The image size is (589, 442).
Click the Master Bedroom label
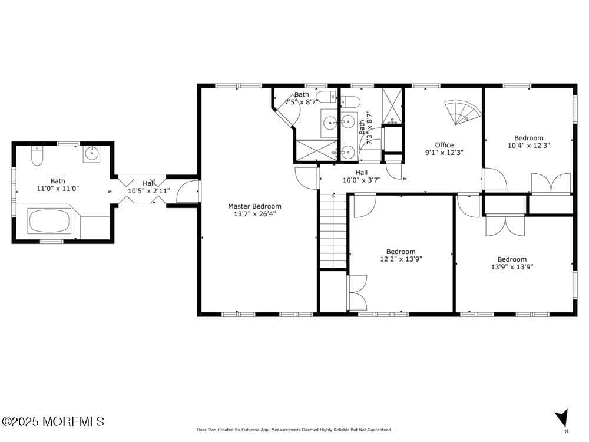(x=254, y=206)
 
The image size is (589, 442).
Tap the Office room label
(x=444, y=145)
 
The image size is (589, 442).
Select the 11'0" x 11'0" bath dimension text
(x=58, y=189)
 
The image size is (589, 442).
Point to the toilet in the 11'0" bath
(x=37, y=157)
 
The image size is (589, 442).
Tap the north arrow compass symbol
(x=562, y=418)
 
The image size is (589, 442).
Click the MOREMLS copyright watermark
(x=53, y=421)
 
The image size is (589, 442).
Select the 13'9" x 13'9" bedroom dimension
(x=512, y=267)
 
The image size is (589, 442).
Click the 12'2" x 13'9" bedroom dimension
(x=401, y=259)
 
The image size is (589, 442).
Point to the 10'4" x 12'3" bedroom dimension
(x=528, y=146)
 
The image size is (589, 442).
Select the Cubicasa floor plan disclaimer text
(x=294, y=430)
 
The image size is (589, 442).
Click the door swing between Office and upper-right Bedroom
(x=494, y=180)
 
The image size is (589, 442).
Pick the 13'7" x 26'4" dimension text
(x=254, y=214)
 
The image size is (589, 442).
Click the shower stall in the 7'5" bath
(x=316, y=150)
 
